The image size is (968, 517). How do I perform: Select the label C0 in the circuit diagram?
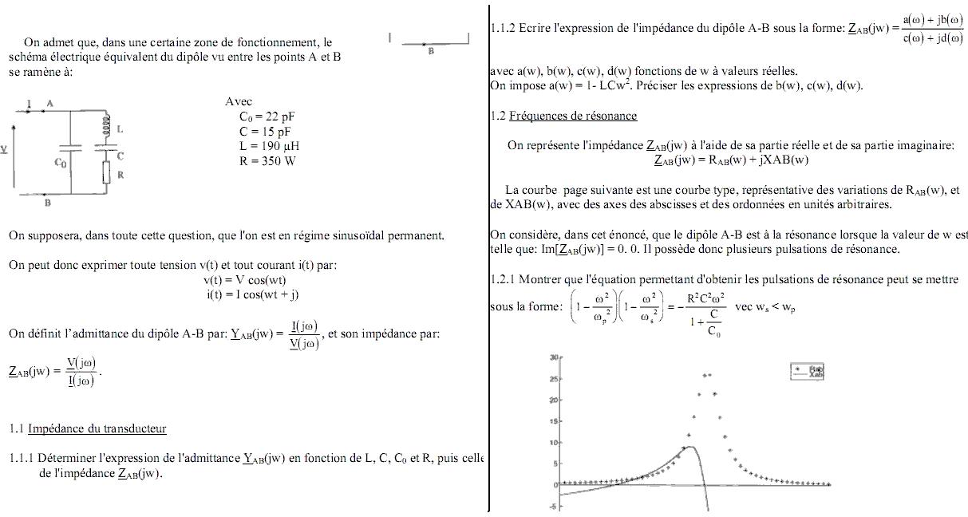point(61,163)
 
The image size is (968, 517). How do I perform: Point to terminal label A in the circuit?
point(49,104)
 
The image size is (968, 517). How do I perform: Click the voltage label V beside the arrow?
point(4,149)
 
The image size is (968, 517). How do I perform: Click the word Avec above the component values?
point(239,101)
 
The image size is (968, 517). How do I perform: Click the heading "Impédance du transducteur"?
point(97,428)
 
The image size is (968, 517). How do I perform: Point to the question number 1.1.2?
point(503,29)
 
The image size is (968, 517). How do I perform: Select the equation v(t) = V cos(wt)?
point(244,280)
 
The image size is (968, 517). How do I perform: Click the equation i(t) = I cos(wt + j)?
point(252,294)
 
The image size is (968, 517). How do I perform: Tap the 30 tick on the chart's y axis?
point(552,357)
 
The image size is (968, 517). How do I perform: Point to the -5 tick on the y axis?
point(552,507)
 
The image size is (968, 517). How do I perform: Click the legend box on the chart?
point(807,371)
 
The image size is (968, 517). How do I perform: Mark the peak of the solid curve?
point(691,447)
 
